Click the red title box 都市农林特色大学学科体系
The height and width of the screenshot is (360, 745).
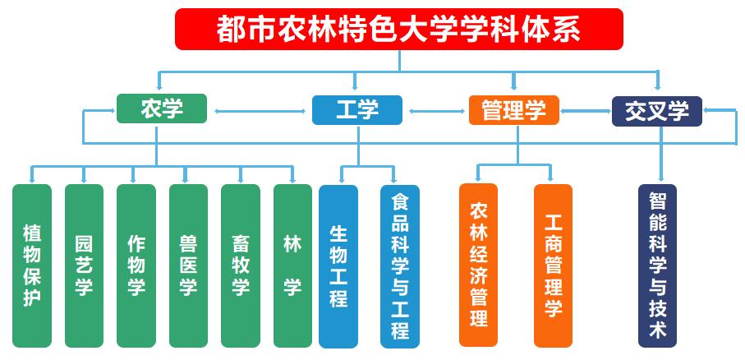point(399,29)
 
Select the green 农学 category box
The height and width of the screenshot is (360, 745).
point(161,109)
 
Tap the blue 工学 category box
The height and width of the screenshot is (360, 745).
point(356,109)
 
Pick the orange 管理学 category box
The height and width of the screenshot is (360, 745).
point(513,109)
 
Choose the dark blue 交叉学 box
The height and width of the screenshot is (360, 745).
point(657,110)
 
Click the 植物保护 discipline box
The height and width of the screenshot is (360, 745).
point(32,265)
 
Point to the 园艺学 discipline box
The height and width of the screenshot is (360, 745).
point(84,265)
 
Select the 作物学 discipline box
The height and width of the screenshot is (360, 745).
point(136,265)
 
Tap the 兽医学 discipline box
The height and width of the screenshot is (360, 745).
point(188,265)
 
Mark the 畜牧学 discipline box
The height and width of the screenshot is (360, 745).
point(241,265)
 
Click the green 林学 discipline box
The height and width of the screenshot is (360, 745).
point(292,265)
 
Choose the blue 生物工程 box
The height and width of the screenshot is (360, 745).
point(338,265)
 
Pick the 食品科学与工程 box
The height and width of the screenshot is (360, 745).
point(400,265)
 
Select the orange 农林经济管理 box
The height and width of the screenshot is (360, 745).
point(478,265)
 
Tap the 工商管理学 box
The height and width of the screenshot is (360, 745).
point(553,265)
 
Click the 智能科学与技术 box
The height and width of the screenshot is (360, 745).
point(658,265)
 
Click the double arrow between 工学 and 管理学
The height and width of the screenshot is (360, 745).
point(435,110)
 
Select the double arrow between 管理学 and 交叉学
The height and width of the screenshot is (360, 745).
point(586,110)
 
